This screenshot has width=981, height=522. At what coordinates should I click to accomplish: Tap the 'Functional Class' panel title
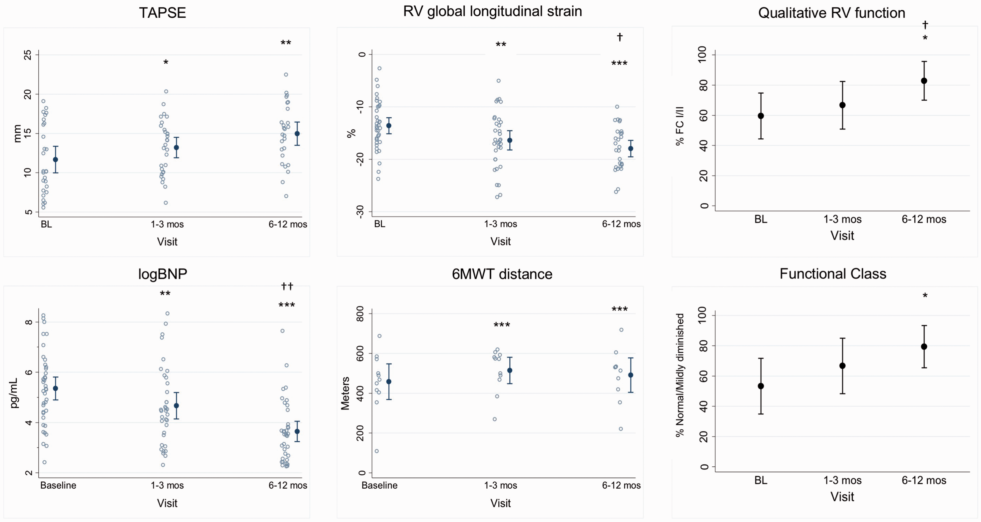coord(833,274)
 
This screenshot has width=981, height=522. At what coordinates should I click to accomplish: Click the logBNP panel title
coord(163,274)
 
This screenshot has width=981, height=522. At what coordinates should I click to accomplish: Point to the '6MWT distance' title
coord(502,274)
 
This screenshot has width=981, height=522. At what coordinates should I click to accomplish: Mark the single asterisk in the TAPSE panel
coord(166,62)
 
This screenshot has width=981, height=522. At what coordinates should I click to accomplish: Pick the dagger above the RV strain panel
coord(619,37)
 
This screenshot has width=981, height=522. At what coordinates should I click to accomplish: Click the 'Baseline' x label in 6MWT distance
coord(379,486)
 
